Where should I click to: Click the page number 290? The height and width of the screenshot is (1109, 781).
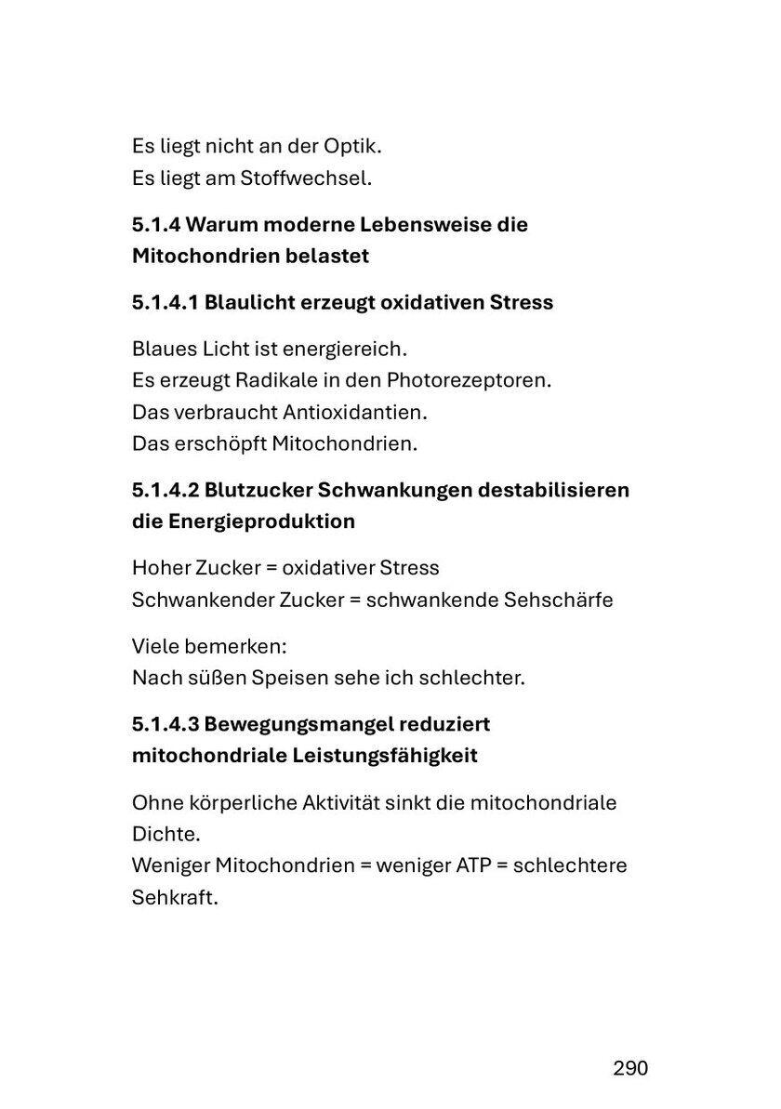(630, 1068)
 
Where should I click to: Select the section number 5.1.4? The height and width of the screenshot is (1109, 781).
(155, 225)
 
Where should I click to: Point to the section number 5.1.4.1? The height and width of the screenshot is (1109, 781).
(165, 302)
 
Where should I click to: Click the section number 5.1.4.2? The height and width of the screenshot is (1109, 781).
(165, 490)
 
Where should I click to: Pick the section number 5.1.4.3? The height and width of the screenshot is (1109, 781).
(165, 723)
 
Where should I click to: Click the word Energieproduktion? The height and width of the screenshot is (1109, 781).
(262, 521)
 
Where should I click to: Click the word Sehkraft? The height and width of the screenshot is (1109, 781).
(174, 898)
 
